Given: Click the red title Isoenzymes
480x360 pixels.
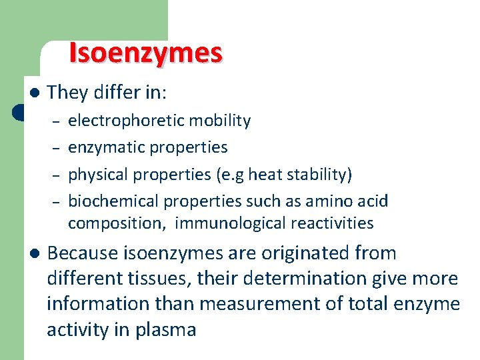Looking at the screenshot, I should pyautogui.click(x=145, y=53).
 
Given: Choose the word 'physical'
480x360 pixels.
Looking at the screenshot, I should pyautogui.click(x=97, y=175).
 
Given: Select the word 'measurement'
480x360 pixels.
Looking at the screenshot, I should pyautogui.click(x=263, y=304).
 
